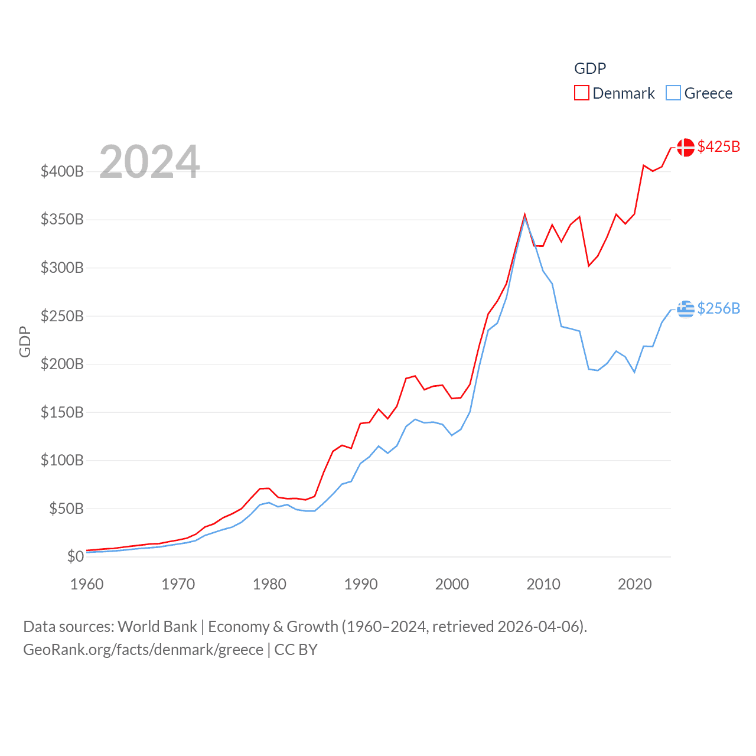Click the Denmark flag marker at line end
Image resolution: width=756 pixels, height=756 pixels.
686,147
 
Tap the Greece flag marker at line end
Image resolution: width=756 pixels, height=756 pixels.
686,309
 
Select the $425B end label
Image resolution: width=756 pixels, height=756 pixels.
718,146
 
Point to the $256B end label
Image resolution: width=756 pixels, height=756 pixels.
718,308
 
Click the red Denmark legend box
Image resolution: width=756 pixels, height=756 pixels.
582,93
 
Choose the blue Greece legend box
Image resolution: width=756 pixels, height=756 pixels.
673,93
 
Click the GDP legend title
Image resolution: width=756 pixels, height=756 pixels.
590,69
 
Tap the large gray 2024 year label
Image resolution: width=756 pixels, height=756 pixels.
149,162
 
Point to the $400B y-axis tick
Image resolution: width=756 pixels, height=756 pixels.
62,172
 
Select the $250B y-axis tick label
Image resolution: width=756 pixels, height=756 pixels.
62,316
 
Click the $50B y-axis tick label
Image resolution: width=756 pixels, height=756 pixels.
66,509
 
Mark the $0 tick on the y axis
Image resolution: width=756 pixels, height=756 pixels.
75,556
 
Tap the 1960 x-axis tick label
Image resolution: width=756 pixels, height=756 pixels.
87,584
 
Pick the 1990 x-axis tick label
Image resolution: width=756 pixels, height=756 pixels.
361,584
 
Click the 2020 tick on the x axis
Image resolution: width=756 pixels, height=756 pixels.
635,584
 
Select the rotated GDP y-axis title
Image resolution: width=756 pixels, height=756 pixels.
25,341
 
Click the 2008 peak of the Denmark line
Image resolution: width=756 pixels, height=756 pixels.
524,215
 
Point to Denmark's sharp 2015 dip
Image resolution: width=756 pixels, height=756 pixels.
589,265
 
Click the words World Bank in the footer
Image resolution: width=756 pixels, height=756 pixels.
157,626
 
